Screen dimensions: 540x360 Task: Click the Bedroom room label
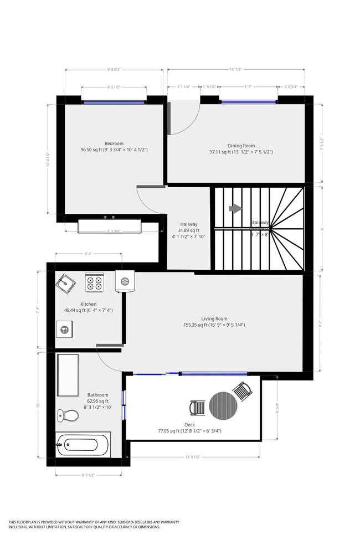pos(114,143)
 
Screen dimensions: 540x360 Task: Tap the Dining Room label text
pos(240,146)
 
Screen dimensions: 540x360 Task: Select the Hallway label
pos(188,224)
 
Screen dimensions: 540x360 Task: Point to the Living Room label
pos(214,318)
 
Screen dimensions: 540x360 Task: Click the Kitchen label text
pos(89,304)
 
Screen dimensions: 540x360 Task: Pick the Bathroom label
pos(97,395)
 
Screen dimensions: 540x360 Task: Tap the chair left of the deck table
pos(198,408)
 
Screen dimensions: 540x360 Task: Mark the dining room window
pos(248,102)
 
